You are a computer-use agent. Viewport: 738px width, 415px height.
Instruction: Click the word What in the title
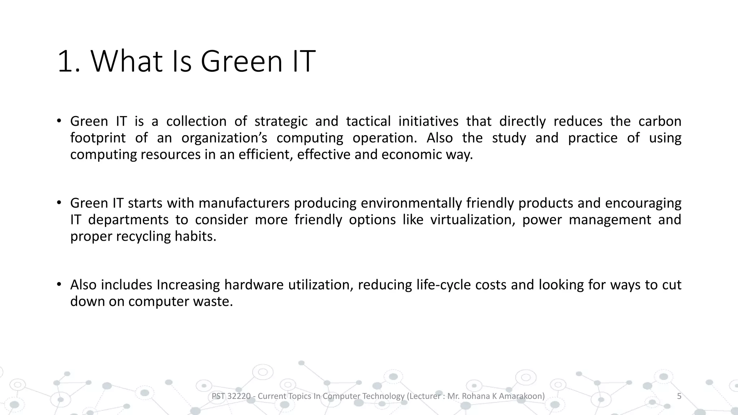[127, 61]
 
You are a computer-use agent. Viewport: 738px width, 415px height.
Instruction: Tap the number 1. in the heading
[69, 61]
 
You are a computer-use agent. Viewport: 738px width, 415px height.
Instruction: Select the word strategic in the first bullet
[281, 121]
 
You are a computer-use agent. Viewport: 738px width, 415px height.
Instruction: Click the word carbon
[660, 121]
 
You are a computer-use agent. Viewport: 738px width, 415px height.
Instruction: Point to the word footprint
[98, 138]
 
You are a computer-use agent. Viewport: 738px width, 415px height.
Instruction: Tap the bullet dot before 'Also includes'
[59, 285]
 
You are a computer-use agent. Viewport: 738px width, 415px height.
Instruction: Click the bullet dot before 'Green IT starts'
[59, 203]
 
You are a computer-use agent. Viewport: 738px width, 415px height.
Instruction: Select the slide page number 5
[679, 396]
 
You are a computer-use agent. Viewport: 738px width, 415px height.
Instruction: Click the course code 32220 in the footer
[239, 396]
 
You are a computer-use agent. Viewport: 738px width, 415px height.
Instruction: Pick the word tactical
[368, 121]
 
